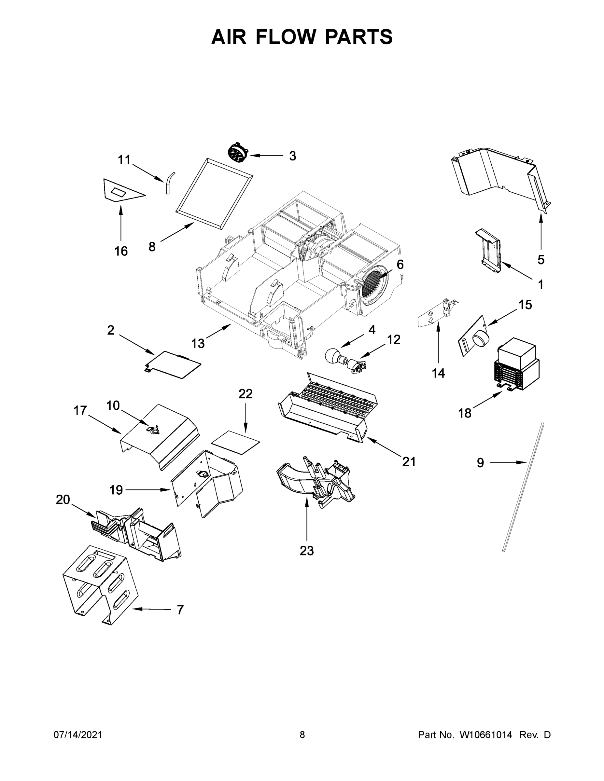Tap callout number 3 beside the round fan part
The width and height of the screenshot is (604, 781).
pos(292,156)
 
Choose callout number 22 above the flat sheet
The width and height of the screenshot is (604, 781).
pos(246,394)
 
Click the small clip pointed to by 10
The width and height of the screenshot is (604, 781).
pos(155,430)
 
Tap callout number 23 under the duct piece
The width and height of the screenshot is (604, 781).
pos(307,551)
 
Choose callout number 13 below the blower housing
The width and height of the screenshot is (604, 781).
pos(198,343)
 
